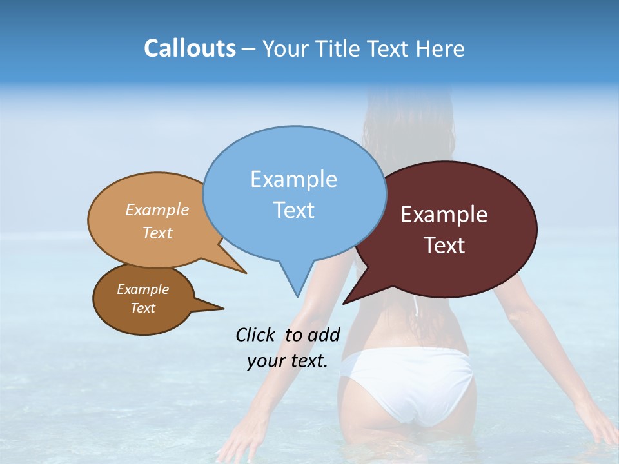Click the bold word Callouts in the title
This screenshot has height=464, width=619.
click(x=190, y=48)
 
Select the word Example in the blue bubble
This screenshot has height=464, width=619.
click(x=293, y=179)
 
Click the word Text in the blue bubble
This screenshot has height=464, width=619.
click(x=293, y=210)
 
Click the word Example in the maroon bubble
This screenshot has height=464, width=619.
click(x=444, y=215)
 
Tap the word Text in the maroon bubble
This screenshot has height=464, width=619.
click(x=444, y=246)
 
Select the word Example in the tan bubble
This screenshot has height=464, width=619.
click(x=157, y=209)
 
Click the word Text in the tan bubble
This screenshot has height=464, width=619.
click(x=157, y=233)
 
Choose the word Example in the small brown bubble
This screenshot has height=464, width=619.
click(x=142, y=289)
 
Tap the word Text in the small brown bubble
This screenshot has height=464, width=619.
click(x=142, y=308)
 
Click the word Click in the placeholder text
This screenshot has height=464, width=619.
click(x=256, y=334)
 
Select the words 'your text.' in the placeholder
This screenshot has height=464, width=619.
click(x=288, y=361)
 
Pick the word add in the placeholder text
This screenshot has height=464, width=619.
click(x=324, y=334)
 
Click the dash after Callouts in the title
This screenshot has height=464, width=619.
click(x=249, y=49)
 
